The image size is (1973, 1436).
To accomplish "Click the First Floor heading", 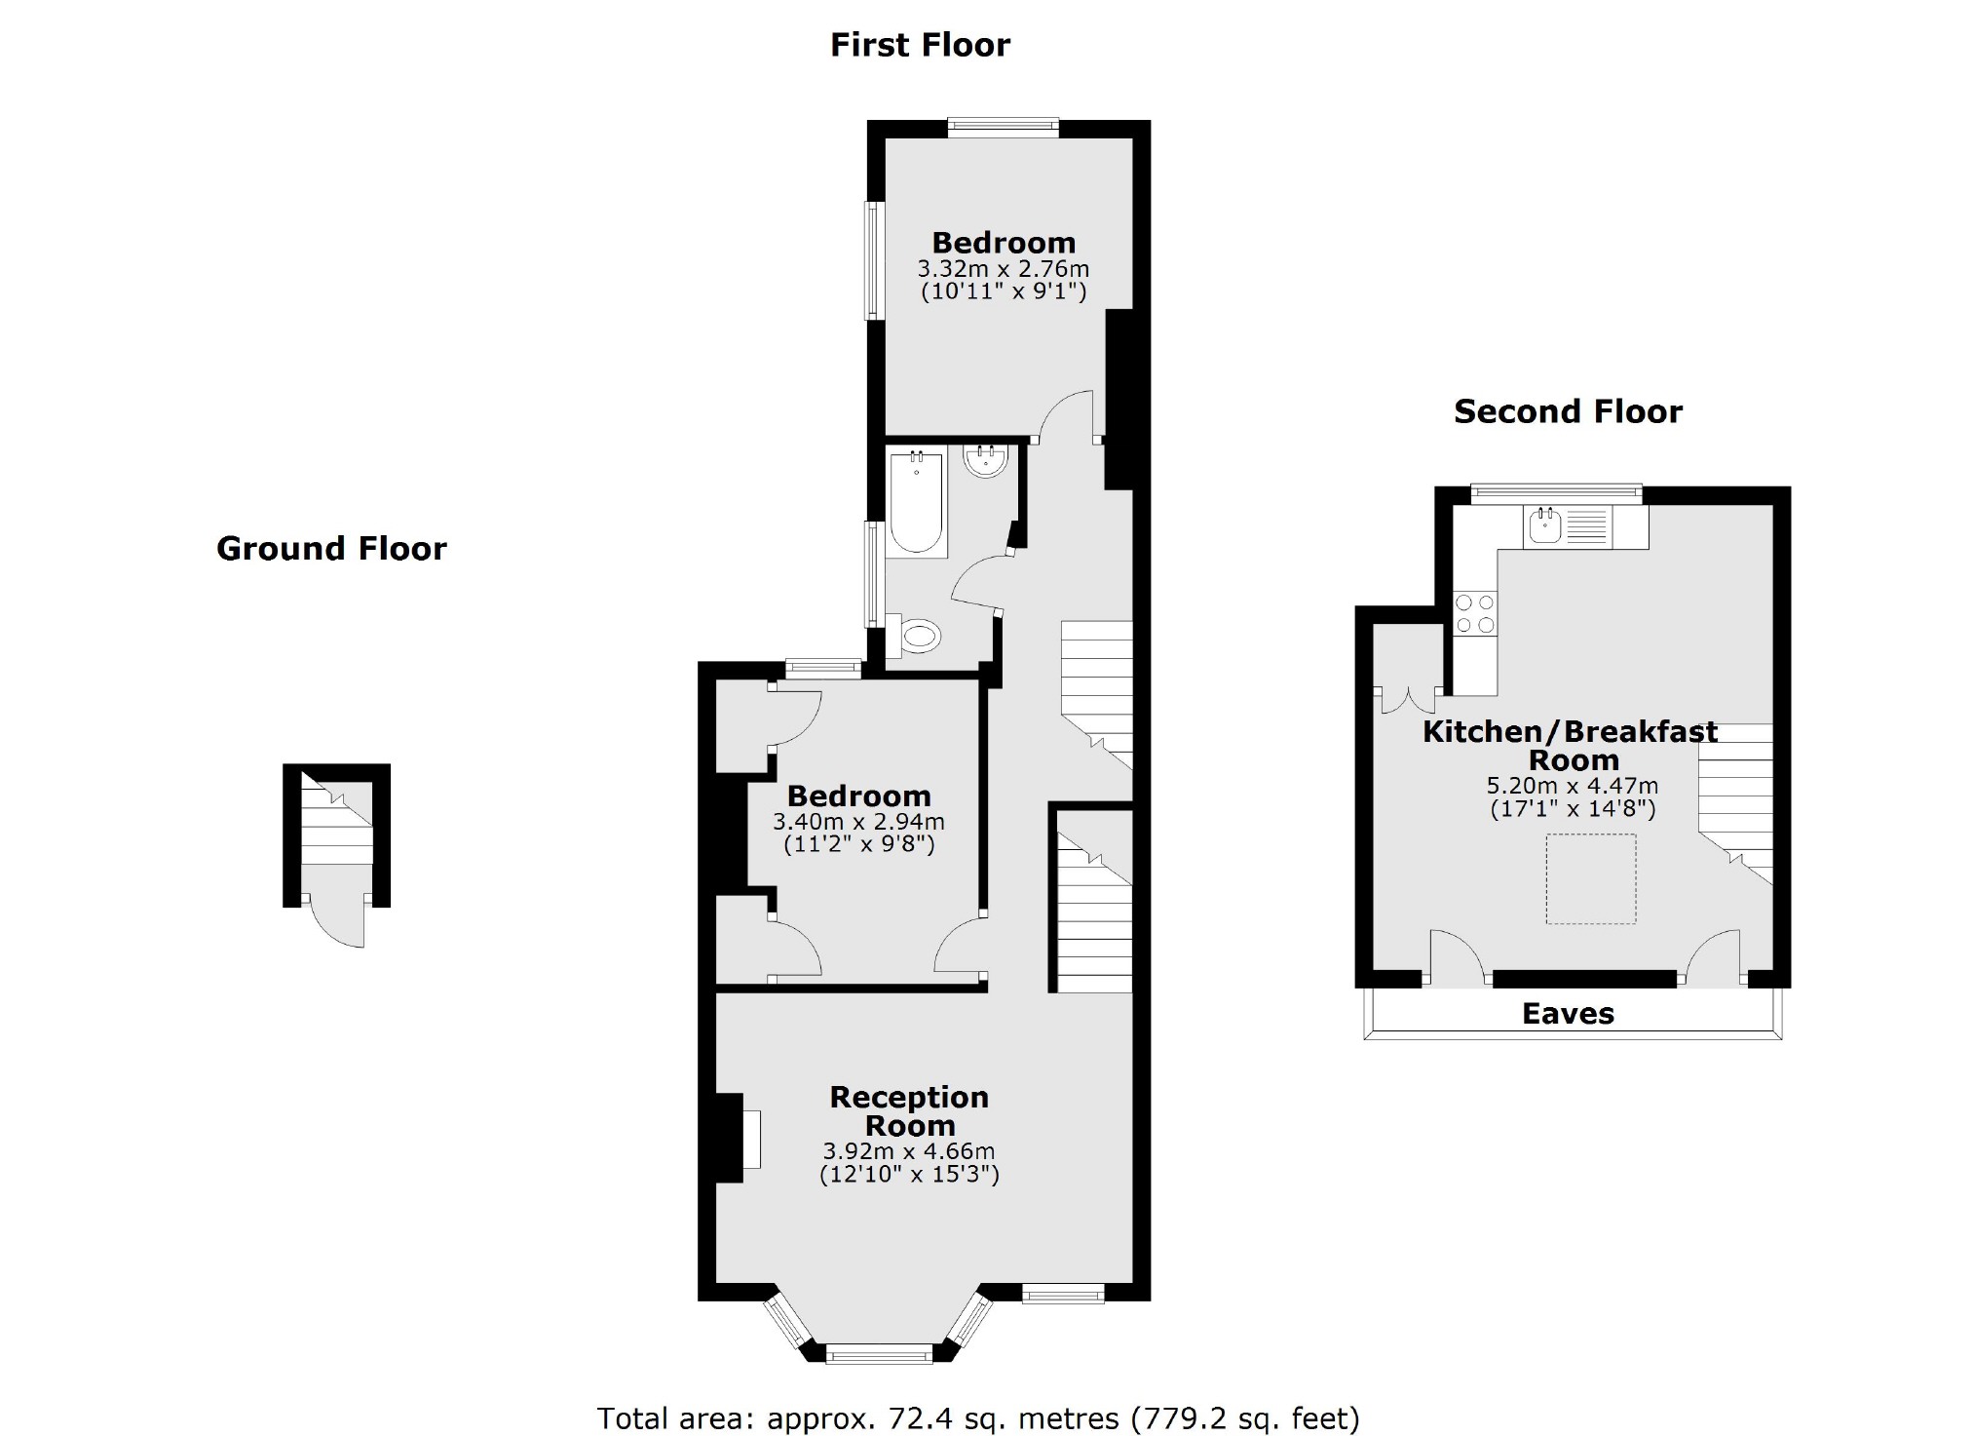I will coord(920,45).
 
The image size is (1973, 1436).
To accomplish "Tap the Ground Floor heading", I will coord(331,549).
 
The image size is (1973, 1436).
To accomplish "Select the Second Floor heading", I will coord(1568,411).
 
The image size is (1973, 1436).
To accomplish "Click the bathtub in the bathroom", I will coord(916,503).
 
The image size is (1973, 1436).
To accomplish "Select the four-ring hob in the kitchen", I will coord(1474,614).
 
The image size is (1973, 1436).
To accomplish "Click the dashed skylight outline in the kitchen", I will coord(1590,878).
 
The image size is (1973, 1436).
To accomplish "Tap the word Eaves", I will coord(1568,1014).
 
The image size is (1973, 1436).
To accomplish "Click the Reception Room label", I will coord(909,1111).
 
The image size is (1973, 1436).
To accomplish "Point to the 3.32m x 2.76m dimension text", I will coord(1004,269).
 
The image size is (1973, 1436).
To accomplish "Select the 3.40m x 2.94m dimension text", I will coord(858,822).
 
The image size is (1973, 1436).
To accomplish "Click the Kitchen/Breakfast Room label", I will coord(1571,746).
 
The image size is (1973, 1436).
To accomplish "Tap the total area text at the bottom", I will coord(977,1417).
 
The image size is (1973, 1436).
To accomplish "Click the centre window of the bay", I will coord(879,1354).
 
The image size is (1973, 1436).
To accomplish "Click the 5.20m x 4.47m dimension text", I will coord(1573,786).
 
